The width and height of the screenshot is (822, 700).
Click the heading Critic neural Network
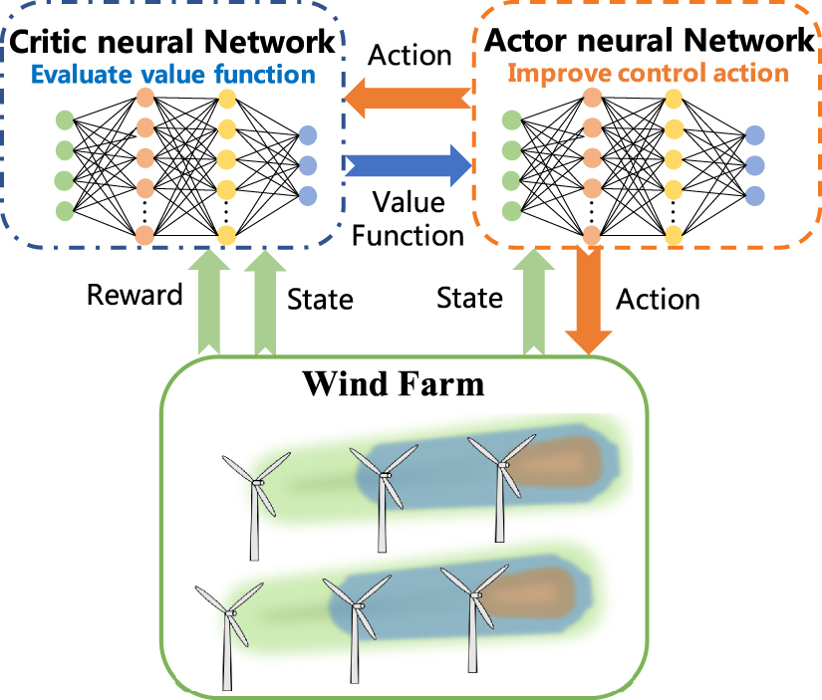coord(170,42)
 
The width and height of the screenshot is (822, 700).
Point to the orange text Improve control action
coord(649,73)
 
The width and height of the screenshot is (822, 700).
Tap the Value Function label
coord(409,218)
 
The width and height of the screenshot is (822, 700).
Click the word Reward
coord(136,295)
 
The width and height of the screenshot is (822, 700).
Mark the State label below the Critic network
coord(320,299)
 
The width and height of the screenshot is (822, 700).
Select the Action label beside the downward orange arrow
coord(659,299)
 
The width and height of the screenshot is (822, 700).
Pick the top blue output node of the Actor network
coord(754,134)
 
